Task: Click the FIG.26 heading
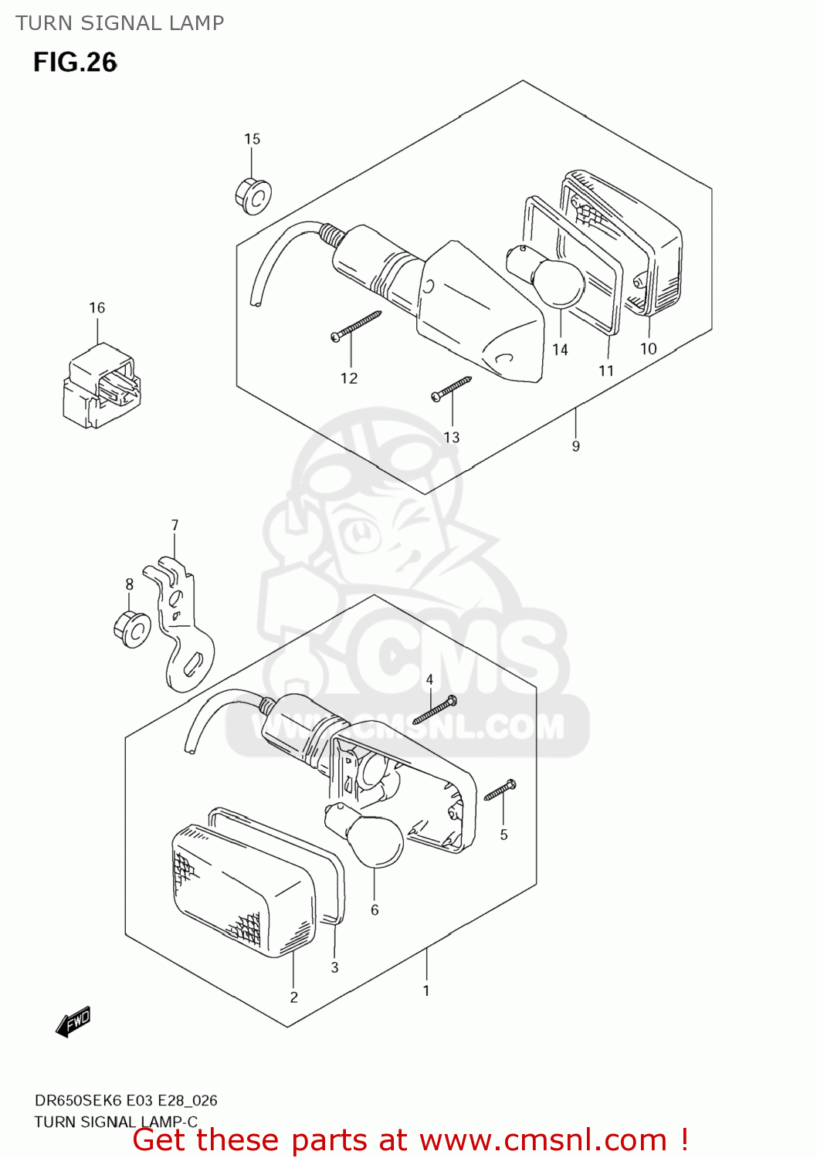pyautogui.click(x=75, y=63)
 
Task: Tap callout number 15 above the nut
pyautogui.click(x=252, y=139)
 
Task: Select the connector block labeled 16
pyautogui.click(x=101, y=385)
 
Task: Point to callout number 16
pyautogui.click(x=97, y=307)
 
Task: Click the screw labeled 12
pyautogui.click(x=356, y=325)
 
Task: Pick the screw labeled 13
pyautogui.click(x=451, y=388)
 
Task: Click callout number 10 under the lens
pyautogui.click(x=648, y=349)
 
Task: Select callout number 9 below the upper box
pyautogui.click(x=575, y=446)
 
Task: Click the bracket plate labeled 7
pyautogui.click(x=185, y=625)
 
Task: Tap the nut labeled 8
pyautogui.click(x=133, y=629)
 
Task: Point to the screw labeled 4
pyautogui.click(x=435, y=710)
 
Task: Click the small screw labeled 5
pyautogui.click(x=500, y=791)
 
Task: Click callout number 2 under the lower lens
pyautogui.click(x=293, y=997)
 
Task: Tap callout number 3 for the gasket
pyautogui.click(x=334, y=967)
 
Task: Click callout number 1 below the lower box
pyautogui.click(x=425, y=990)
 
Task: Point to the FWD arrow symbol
pyautogui.click(x=73, y=1021)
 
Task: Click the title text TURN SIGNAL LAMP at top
pyautogui.click(x=120, y=23)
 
